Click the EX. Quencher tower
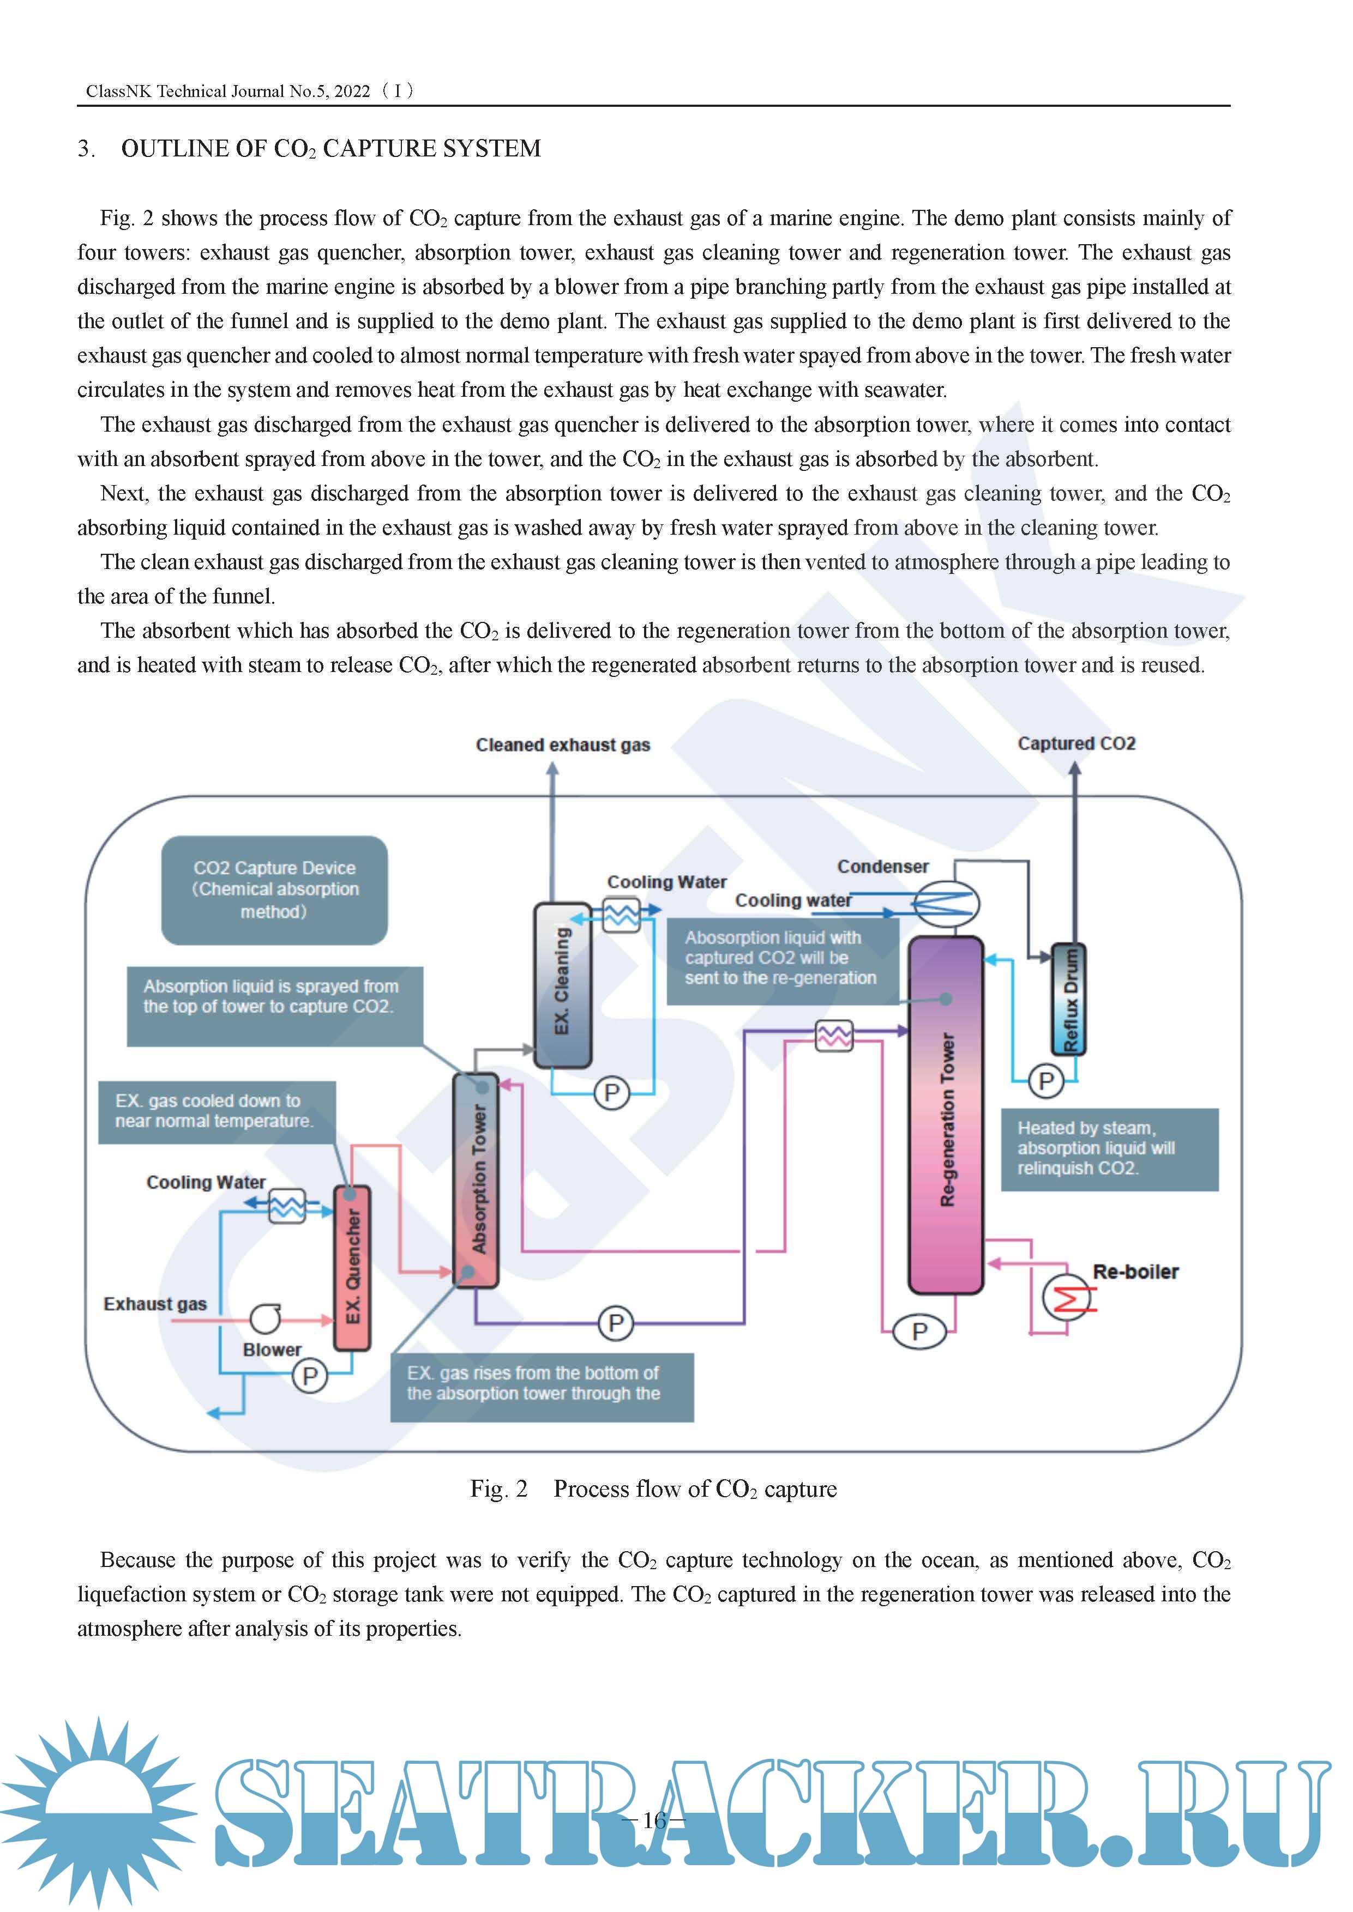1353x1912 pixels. click(x=352, y=1267)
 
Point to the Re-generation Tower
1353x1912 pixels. click(x=946, y=1115)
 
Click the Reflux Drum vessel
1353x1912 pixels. click(x=1069, y=999)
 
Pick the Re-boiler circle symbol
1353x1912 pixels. click(x=1066, y=1297)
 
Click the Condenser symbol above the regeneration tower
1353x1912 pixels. click(x=946, y=904)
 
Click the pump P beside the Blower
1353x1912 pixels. click(x=310, y=1376)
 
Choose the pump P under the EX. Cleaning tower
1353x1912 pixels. click(x=611, y=1093)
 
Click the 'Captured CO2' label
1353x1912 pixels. click(x=1077, y=743)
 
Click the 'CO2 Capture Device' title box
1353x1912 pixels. click(x=274, y=890)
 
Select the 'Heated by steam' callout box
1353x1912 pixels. click(x=1109, y=1148)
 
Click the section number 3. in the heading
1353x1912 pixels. click(x=86, y=149)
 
